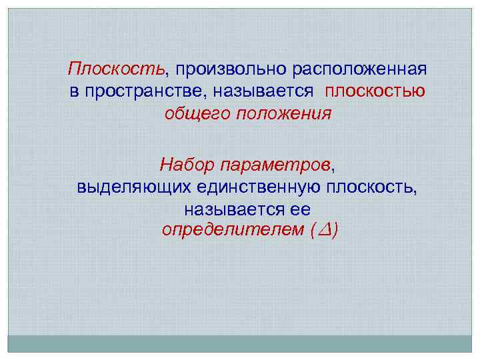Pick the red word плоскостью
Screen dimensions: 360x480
click(x=375, y=91)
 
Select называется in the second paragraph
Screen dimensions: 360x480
click(x=227, y=209)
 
